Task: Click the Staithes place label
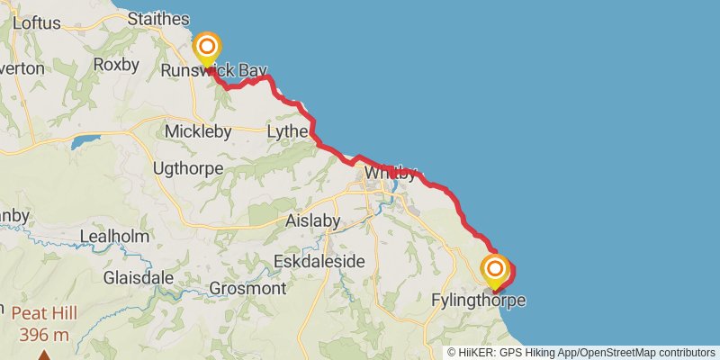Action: click(x=159, y=19)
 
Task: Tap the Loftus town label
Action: click(x=36, y=23)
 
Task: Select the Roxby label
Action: click(x=116, y=65)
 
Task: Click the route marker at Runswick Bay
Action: click(x=208, y=48)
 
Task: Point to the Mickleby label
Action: click(x=198, y=131)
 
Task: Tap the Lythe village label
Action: click(x=288, y=132)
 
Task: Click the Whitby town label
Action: click(x=389, y=175)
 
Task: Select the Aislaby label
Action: click(x=313, y=220)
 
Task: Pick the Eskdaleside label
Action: click(x=320, y=261)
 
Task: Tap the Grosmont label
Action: click(x=247, y=289)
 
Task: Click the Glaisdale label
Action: click(x=138, y=277)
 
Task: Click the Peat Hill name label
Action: click(x=44, y=314)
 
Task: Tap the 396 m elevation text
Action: click(x=44, y=335)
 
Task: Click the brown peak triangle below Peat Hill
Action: click(x=43, y=355)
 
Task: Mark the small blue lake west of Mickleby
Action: click(x=86, y=141)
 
